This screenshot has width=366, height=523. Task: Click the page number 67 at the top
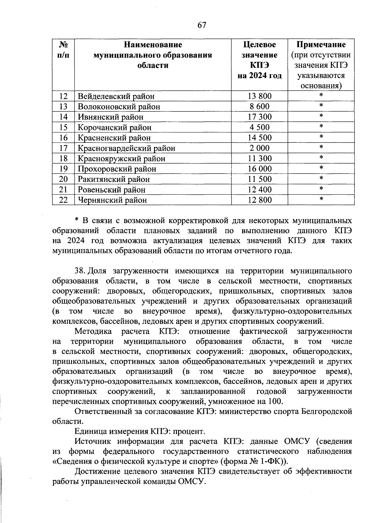point(202,25)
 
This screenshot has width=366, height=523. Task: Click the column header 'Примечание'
point(321,45)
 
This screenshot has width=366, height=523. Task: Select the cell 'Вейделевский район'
point(116,96)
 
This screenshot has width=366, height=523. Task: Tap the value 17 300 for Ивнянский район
point(259,117)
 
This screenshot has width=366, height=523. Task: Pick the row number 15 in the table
point(63,128)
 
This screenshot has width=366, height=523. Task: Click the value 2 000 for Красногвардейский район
point(259,148)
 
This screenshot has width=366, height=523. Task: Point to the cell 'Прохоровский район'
point(117,169)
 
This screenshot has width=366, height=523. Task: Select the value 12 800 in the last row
point(259,200)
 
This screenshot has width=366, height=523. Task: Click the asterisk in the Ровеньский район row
point(321,189)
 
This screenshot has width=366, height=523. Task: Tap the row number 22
point(63,200)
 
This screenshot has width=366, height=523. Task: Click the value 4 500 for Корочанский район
point(259,128)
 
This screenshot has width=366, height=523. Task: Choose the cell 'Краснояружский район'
point(121,159)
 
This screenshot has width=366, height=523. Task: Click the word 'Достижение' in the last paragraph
point(99,472)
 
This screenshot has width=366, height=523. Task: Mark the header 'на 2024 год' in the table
point(259,76)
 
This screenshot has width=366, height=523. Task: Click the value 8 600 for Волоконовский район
point(259,107)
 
